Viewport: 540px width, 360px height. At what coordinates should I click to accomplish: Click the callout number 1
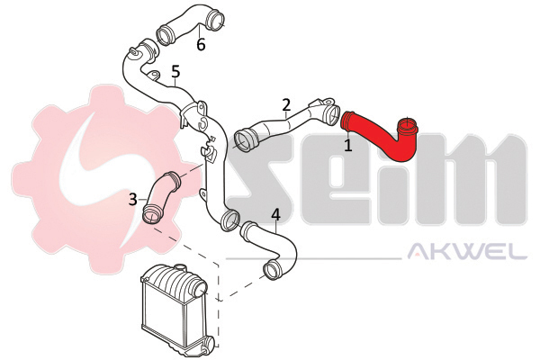(348, 145)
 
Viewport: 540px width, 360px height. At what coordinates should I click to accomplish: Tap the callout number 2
(286, 104)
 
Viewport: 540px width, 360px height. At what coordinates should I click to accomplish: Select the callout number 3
(133, 199)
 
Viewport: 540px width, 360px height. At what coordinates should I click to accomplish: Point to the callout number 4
(276, 214)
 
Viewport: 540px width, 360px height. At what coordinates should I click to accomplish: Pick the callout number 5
(175, 72)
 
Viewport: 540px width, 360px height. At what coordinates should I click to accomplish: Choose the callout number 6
(201, 44)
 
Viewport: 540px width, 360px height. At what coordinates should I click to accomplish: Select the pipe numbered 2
(286, 124)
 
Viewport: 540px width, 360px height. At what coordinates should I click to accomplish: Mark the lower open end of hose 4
(273, 269)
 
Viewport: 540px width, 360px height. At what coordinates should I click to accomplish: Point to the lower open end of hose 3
(151, 214)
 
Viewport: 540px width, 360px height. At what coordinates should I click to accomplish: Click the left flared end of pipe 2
(245, 140)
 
